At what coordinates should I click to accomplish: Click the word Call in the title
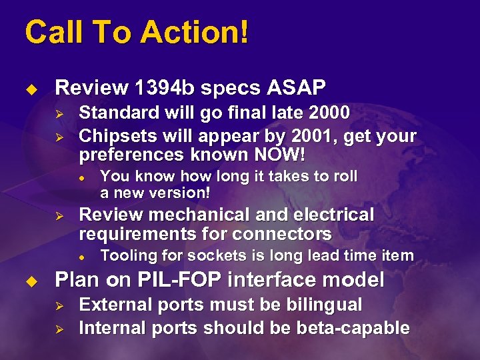click(x=50, y=32)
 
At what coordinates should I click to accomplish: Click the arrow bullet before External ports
click(x=59, y=305)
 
